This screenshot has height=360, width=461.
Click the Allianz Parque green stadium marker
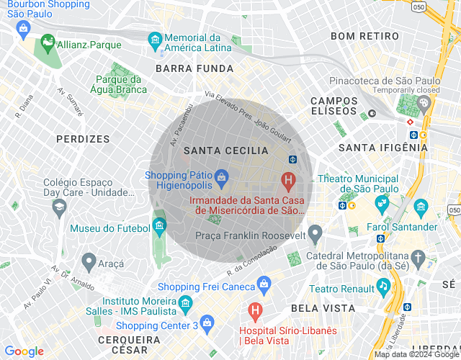tap(48, 43)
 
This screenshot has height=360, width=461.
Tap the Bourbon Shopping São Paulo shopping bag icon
tap(24, 28)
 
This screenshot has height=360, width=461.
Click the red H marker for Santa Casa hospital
tap(288, 179)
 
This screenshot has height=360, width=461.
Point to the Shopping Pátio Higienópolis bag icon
tap(221, 176)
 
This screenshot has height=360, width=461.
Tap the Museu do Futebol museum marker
tap(160, 228)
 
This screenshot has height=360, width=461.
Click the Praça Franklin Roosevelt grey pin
tap(315, 234)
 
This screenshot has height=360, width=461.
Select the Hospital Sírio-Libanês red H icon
tap(254, 311)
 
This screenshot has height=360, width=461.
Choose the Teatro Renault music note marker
tap(385, 287)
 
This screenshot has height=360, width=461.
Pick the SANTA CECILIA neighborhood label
tap(225, 150)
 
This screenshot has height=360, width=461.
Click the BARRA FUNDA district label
tap(194, 68)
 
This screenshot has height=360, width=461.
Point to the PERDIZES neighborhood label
tap(83, 138)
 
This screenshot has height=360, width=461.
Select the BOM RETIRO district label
tap(363, 35)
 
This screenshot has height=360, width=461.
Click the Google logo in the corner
tap(24, 351)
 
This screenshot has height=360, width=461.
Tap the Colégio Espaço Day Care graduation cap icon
tap(59, 207)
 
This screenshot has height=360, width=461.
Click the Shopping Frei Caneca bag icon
tap(264, 284)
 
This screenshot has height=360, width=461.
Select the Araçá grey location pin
tap(89, 261)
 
